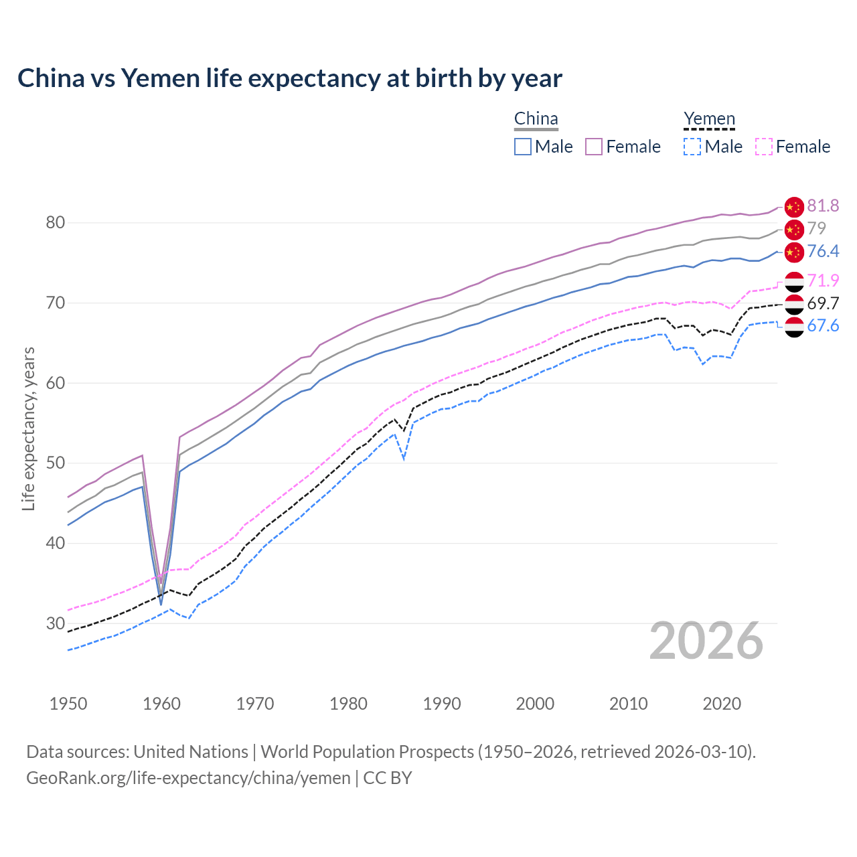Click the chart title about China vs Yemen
[289, 78]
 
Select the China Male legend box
[523, 147]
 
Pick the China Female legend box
[594, 147]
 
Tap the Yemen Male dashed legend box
[692, 147]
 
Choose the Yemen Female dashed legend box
[764, 147]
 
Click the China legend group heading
[536, 119]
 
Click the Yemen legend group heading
[709, 119]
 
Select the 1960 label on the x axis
[162, 704]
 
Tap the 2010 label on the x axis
[628, 704]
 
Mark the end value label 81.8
[823, 206]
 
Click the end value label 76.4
[823, 251]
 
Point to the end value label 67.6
[823, 326]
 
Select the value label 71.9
[823, 281]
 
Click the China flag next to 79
[794, 229]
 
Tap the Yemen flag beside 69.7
[794, 304]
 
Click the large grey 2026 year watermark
[706, 641]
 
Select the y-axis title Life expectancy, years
[29, 428]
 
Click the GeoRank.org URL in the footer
[188, 778]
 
